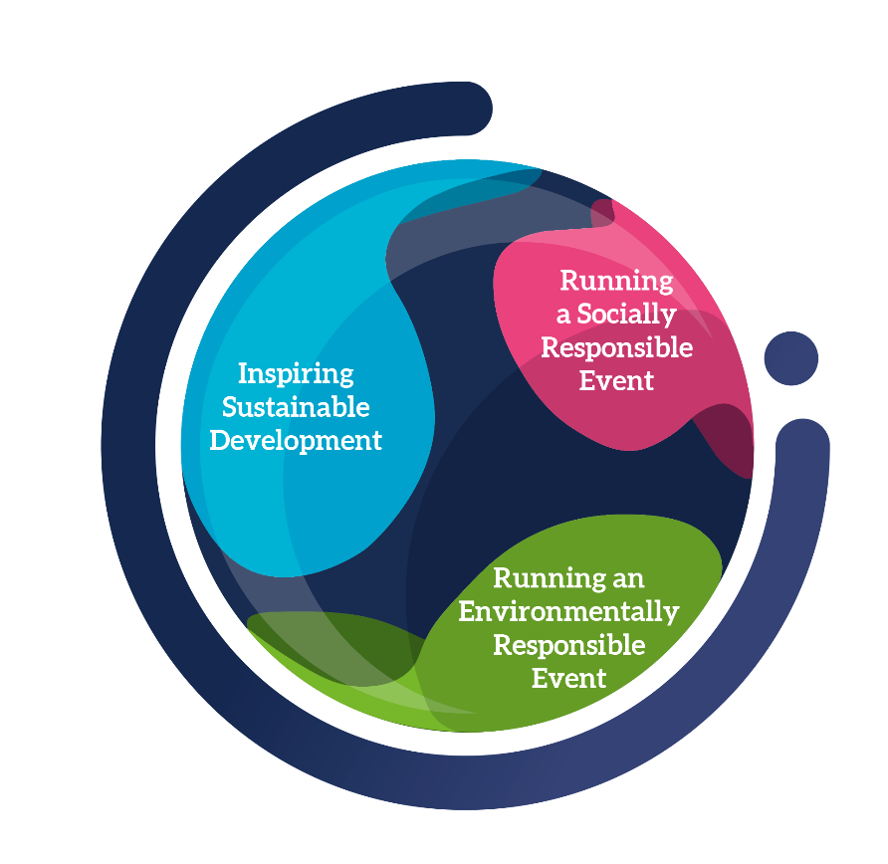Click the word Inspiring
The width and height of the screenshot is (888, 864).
(296, 375)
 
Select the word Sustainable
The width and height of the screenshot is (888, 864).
(296, 407)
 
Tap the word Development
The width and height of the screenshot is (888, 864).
(296, 440)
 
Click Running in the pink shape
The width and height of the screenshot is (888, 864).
(616, 281)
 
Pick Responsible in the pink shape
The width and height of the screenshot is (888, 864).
(616, 347)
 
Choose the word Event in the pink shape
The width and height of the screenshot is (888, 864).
(616, 380)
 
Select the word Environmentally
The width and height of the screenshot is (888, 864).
(568, 611)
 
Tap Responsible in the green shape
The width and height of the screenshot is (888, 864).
(568, 645)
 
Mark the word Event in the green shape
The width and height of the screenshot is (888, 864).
(568, 678)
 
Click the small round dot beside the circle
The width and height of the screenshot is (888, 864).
(791, 358)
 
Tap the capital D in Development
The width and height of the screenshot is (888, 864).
(220, 440)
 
